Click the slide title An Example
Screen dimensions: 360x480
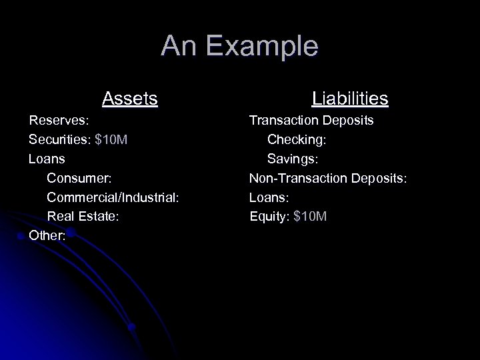(x=239, y=46)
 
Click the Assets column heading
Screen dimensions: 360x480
(x=130, y=99)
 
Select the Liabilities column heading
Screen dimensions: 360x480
(x=350, y=99)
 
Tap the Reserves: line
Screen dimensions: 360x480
(x=59, y=121)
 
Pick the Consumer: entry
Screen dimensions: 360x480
(x=79, y=179)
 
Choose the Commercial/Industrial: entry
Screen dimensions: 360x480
(x=113, y=197)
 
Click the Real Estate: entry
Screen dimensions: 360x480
(x=83, y=216)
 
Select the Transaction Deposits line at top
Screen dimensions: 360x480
(x=311, y=121)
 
